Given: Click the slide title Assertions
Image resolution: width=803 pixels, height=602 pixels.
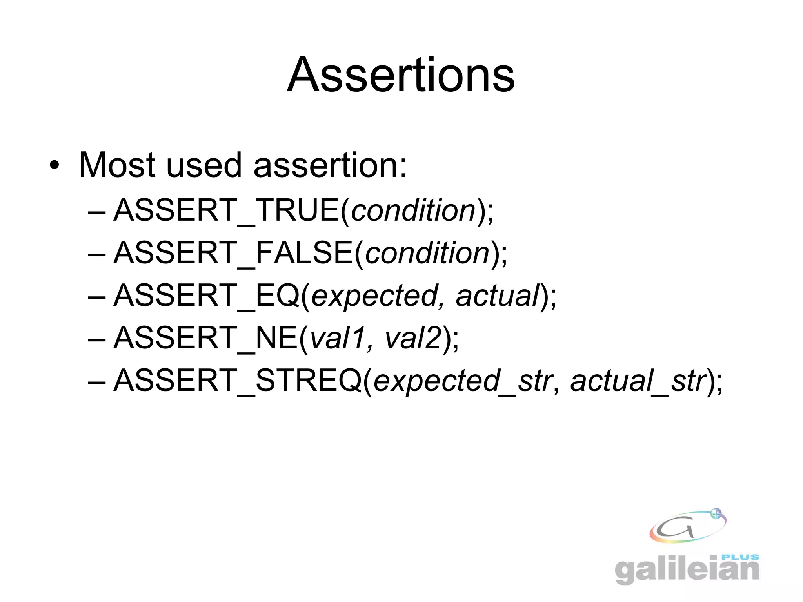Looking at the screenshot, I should pyautogui.click(x=401, y=75).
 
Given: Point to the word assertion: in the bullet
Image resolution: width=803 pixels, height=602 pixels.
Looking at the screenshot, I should pyautogui.click(x=331, y=166).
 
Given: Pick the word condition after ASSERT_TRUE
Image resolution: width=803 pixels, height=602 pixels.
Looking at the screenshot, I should pyautogui.click(x=413, y=210).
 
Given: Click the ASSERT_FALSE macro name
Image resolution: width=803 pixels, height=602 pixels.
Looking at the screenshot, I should pyautogui.click(x=233, y=253).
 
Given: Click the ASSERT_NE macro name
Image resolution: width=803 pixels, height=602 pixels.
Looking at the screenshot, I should pyautogui.click(x=205, y=338).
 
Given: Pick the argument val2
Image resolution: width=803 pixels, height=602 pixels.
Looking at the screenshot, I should pyautogui.click(x=413, y=338).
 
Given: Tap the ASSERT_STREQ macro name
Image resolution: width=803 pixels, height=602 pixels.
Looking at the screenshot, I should pyautogui.click(x=237, y=380).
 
